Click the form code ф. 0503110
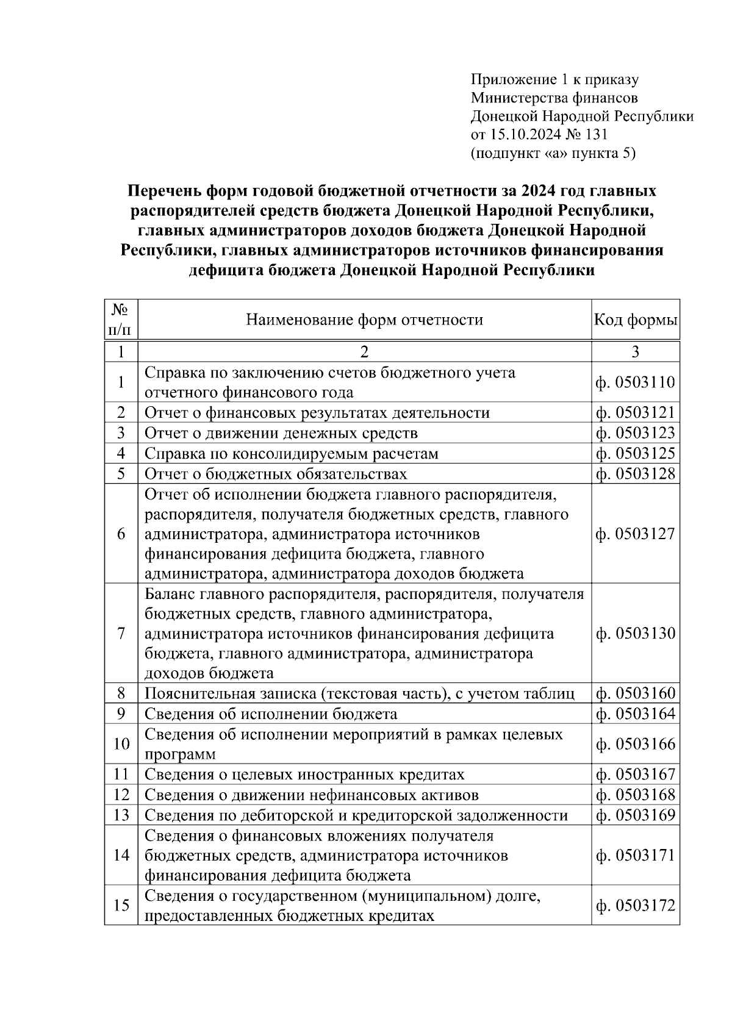(x=636, y=382)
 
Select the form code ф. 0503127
(x=636, y=534)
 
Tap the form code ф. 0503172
(x=636, y=906)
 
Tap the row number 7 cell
(x=121, y=634)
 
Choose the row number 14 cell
(x=121, y=855)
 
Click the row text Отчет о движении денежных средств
(x=281, y=434)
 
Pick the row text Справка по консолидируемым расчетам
(x=291, y=454)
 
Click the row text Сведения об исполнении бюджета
(x=271, y=714)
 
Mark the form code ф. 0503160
(x=636, y=694)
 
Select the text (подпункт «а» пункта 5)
(x=553, y=153)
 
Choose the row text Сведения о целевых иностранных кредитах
(x=304, y=775)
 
